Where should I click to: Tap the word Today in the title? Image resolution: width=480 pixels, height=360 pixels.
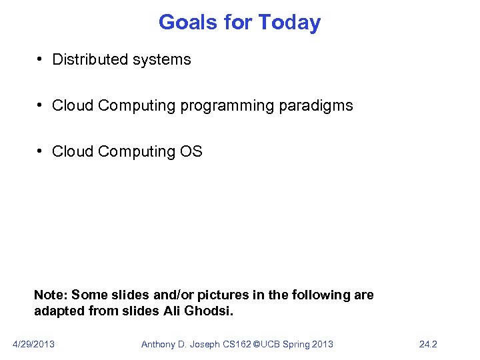coord(289,23)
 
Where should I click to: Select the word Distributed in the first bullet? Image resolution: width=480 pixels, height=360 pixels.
coord(91,59)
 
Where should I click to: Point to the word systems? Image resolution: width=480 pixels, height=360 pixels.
coord(163,59)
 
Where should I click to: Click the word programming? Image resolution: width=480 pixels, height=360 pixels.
coord(223,105)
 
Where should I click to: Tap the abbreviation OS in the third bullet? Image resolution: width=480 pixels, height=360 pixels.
coord(191,151)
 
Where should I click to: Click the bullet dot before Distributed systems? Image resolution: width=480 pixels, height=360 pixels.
coord(41,59)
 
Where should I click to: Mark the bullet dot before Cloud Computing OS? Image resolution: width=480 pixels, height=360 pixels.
coord(41,151)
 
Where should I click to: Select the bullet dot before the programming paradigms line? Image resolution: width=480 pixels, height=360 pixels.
coord(41,105)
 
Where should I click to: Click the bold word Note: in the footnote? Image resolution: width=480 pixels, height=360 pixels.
coord(51,295)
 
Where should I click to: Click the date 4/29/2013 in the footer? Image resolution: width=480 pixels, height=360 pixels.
coord(34,344)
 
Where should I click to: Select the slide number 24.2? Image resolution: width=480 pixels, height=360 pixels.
coord(428,344)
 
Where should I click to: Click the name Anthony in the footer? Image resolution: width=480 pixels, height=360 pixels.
coord(159,344)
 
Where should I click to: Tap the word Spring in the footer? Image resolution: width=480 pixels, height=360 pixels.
coord(296,344)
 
